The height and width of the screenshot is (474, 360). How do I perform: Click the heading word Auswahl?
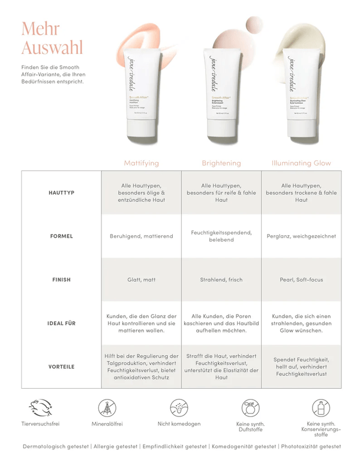point(52,47)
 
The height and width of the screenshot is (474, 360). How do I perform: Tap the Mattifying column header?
point(142,163)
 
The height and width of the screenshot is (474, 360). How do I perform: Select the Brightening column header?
point(221,163)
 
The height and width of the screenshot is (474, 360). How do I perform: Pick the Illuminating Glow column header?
point(301,163)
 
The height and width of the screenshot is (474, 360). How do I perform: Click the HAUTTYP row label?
point(61,193)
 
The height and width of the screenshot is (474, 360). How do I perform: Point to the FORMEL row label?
point(61,236)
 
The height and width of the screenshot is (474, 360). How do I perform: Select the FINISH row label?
point(61,280)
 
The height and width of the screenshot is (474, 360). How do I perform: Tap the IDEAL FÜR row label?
point(61,323)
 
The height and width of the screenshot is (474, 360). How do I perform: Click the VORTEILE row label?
point(61,367)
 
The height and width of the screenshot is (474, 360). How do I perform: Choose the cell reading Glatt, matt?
point(142,280)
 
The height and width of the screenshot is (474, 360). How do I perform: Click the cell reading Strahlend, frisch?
point(221,280)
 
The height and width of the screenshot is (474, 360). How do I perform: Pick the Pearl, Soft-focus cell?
point(301,280)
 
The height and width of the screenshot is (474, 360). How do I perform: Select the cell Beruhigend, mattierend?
point(142,236)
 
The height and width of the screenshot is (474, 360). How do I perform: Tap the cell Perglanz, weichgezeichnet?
point(301,236)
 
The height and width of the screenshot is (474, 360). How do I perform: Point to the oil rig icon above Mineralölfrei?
point(107,408)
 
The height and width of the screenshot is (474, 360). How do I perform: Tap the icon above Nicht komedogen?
point(179,408)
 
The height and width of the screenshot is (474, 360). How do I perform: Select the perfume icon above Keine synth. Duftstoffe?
point(251,409)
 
